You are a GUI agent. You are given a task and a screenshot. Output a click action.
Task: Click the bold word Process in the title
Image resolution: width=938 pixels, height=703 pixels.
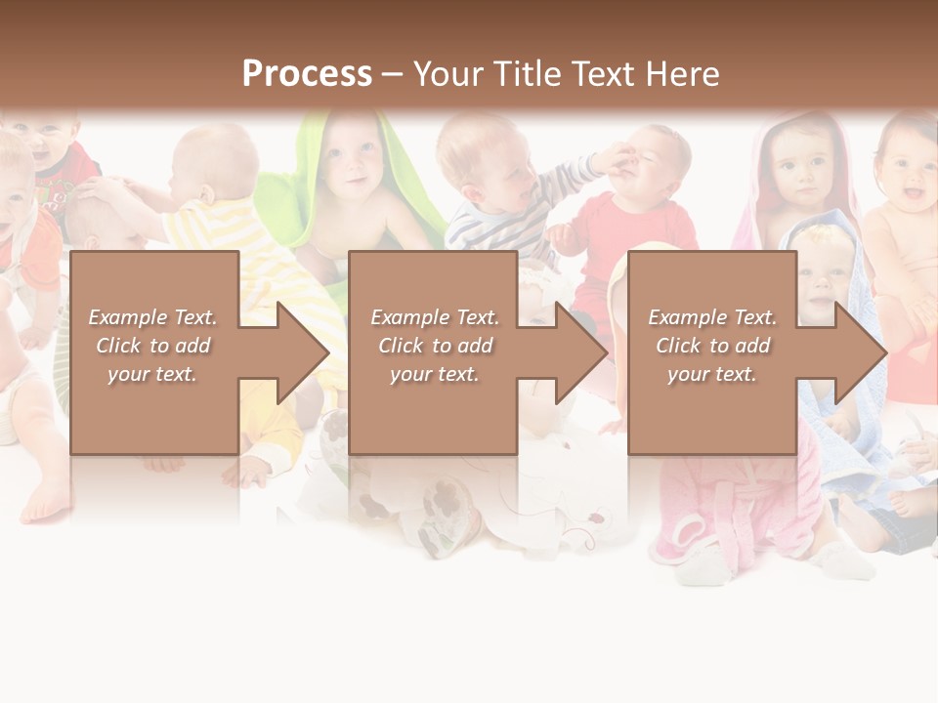point(307,73)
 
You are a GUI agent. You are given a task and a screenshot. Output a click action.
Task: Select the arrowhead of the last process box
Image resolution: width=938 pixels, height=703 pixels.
point(859,352)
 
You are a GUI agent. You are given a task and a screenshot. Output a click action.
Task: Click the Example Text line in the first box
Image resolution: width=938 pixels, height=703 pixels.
point(152,317)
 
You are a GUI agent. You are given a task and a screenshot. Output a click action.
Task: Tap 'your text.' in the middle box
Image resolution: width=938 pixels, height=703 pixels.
point(434,374)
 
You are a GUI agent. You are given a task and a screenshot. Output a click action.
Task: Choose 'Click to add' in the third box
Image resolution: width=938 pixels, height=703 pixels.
point(712,346)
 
